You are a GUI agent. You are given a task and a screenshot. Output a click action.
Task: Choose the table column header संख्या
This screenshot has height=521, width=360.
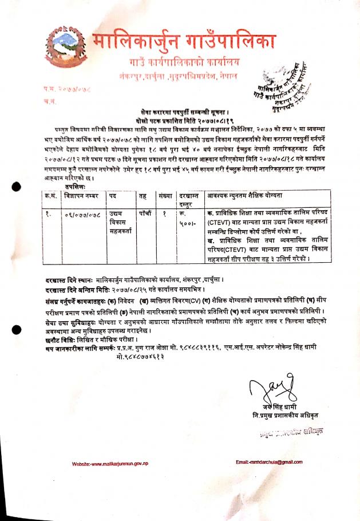(x=163, y=195)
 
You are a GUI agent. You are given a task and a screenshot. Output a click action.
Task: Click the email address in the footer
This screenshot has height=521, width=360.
(x=268, y=461)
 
